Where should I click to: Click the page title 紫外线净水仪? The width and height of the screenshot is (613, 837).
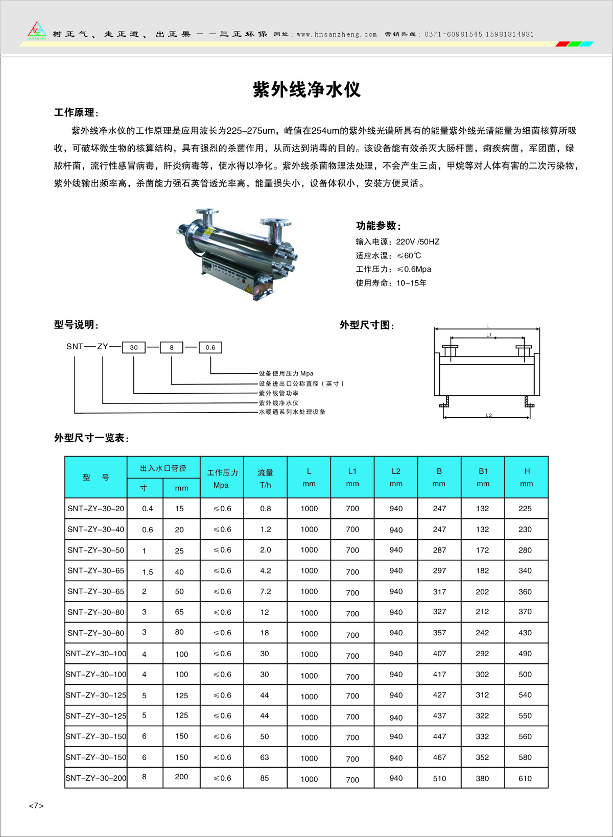(x=306, y=90)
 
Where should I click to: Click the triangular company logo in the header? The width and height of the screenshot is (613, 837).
(x=37, y=31)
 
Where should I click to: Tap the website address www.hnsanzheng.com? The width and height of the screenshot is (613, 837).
(x=337, y=35)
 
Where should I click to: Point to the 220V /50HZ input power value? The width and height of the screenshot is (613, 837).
(x=417, y=242)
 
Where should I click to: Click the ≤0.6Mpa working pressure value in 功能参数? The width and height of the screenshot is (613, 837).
(x=414, y=269)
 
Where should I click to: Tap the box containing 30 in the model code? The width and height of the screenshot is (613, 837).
(x=134, y=347)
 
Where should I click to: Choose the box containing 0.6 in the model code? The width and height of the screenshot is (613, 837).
(x=210, y=347)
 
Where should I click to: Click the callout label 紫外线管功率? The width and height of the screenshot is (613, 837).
(x=278, y=393)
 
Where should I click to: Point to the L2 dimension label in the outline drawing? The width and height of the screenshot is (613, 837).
(x=489, y=415)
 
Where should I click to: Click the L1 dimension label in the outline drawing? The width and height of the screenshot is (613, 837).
(x=489, y=335)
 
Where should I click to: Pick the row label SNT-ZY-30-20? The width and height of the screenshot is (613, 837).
(x=96, y=509)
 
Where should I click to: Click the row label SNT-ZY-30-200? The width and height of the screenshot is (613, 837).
(x=96, y=778)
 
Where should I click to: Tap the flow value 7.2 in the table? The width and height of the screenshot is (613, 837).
(x=265, y=591)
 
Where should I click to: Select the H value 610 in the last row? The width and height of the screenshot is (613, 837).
(x=525, y=778)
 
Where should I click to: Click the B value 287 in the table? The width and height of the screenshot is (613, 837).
(x=439, y=550)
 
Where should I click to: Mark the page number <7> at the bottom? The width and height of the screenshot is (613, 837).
(x=36, y=806)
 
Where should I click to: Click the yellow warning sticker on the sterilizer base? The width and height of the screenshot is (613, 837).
(x=249, y=289)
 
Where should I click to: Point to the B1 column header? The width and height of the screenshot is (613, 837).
(x=483, y=477)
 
